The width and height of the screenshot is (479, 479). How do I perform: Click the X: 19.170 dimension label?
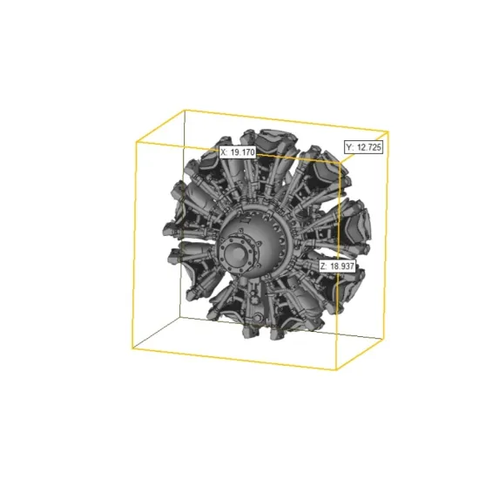pyautogui.click(x=238, y=152)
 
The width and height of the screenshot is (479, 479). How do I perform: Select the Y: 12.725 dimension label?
pyautogui.click(x=363, y=147)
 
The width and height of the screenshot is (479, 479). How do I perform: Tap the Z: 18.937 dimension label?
pyautogui.click(x=337, y=266)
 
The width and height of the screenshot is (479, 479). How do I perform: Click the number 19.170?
pyautogui.click(x=242, y=152)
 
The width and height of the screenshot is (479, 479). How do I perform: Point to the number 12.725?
pyautogui.click(x=369, y=147)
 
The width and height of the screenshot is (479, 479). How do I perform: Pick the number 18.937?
pyautogui.click(x=342, y=266)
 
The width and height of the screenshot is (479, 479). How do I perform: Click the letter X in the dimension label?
pyautogui.click(x=223, y=152)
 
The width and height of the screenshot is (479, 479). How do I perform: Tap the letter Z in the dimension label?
pyautogui.click(x=323, y=266)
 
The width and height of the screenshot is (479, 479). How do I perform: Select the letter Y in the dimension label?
pyautogui.click(x=349, y=147)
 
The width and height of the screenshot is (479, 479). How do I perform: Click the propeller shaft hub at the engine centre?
pyautogui.click(x=236, y=253)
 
